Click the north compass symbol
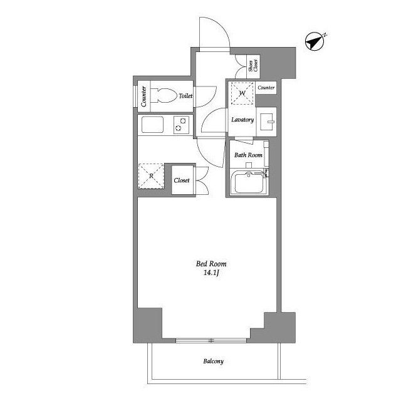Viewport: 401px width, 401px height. tap(315, 41)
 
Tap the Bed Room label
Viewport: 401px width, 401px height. tap(211, 264)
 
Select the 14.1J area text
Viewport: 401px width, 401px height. tap(211, 273)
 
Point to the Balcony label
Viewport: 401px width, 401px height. tap(213, 361)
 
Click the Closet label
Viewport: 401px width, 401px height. tap(182, 180)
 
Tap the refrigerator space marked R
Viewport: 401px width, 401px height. tap(151, 176)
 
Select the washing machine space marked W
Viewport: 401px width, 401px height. tap(242, 93)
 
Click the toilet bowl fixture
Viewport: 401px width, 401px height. tap(164, 96)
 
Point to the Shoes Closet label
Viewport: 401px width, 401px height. tap(253, 65)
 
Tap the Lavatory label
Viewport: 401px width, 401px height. tap(242, 120)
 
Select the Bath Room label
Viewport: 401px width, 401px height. tap(248, 155)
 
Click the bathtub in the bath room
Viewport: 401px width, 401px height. tap(249, 183)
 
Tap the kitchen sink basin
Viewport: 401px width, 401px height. tap(152, 125)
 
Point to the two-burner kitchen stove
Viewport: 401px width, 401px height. tap(181, 125)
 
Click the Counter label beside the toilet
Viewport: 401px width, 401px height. tap(143, 96)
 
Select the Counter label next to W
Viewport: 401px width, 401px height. tap(266, 88)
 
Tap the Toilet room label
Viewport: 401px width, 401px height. tap(185, 96)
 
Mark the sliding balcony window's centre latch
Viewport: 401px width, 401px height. tap(211, 340)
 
